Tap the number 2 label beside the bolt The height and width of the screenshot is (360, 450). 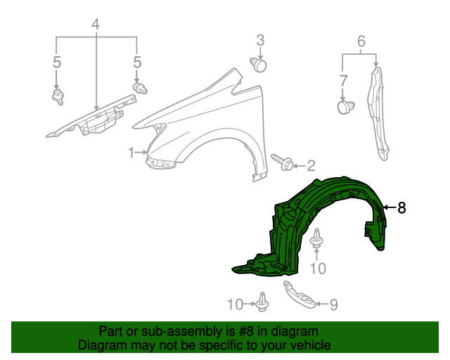[311, 166]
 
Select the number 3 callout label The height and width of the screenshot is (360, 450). [259, 39]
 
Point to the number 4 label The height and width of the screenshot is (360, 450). [96, 25]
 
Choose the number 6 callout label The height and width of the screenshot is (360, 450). [361, 42]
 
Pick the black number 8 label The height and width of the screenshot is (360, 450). [401, 207]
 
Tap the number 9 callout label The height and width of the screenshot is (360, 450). [333, 304]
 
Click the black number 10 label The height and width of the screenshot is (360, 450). [319, 268]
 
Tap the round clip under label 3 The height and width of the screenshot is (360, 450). [259, 65]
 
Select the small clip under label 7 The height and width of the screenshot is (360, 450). [345, 107]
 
